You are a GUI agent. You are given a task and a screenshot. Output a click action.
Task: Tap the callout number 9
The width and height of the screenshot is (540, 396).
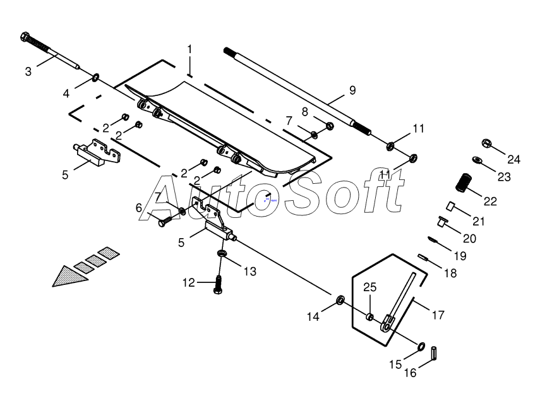(352, 90)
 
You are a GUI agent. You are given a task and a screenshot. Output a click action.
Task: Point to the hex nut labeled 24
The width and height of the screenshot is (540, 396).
(488, 143)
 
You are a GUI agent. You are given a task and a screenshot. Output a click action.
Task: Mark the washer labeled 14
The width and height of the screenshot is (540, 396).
(340, 299)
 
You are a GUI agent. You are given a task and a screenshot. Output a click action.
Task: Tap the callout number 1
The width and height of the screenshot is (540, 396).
(189, 49)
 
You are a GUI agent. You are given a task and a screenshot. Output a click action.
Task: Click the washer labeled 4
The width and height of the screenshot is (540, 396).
(95, 78)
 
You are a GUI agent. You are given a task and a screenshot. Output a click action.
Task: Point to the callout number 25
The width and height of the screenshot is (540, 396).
(369, 288)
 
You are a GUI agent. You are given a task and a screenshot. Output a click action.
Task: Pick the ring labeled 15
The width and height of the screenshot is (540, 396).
(419, 345)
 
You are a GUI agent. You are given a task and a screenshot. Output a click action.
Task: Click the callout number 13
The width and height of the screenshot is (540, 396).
(250, 272)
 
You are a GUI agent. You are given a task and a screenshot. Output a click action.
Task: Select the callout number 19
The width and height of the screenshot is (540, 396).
(459, 256)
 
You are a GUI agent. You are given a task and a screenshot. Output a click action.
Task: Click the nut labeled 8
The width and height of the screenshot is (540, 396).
(328, 125)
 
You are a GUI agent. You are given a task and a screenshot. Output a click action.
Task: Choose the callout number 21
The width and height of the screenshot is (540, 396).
(479, 221)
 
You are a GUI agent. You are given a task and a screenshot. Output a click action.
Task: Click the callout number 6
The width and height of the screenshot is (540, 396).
(138, 208)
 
